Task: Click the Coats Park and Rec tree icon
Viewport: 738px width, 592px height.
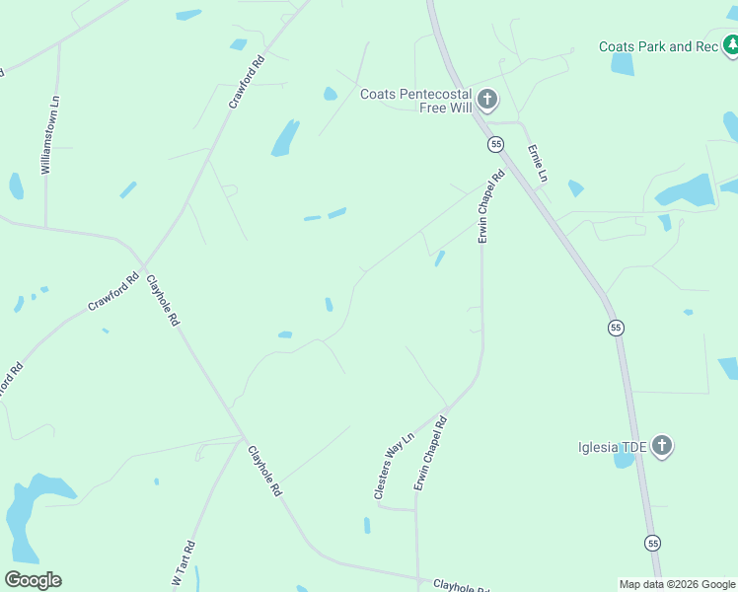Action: tap(731, 45)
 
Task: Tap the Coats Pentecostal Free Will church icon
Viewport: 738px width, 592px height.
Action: tap(486, 99)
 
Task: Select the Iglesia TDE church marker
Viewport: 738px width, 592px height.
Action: tap(662, 447)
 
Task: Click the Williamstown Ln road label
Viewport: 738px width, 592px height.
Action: tap(50, 136)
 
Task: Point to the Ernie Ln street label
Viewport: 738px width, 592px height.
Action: tap(538, 164)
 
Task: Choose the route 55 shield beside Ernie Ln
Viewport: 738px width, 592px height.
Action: tap(495, 144)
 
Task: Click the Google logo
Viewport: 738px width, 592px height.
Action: tap(33, 580)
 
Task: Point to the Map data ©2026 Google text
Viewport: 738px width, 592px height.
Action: tap(676, 584)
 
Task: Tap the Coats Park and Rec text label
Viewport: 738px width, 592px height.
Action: tap(658, 46)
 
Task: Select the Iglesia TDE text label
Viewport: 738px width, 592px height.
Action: tap(612, 447)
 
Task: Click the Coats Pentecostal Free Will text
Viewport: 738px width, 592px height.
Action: tap(416, 101)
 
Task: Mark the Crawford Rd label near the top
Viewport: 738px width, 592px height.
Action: tap(248, 82)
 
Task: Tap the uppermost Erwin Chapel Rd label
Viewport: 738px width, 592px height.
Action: tap(490, 206)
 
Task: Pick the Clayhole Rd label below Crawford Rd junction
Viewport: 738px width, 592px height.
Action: tap(164, 301)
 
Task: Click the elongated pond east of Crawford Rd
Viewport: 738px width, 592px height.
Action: tap(285, 138)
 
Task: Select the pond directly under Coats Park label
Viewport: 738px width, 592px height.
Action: tap(623, 65)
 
